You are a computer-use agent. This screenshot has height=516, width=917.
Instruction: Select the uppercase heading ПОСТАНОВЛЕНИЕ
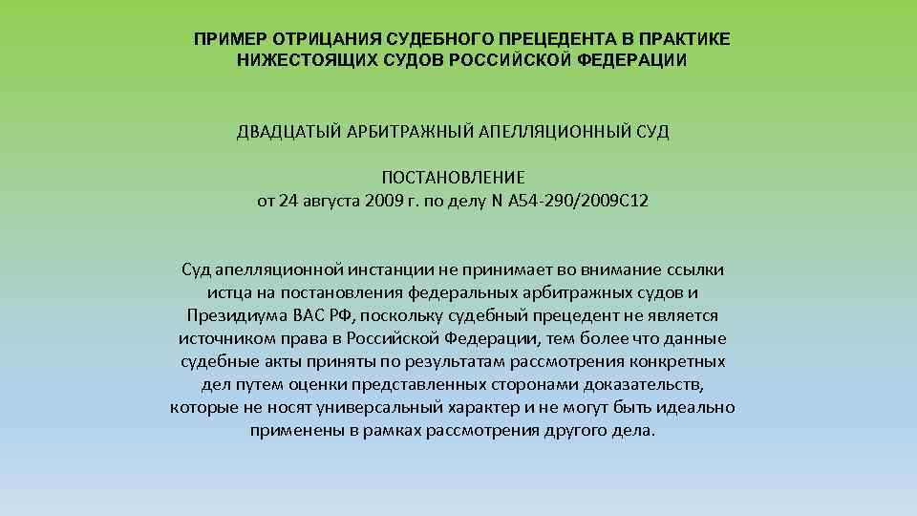point(454,179)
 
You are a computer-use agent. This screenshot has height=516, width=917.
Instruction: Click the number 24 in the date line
point(288,202)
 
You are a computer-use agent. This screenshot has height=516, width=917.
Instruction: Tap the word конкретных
point(680,362)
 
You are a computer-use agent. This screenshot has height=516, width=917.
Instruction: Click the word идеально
point(696,408)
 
